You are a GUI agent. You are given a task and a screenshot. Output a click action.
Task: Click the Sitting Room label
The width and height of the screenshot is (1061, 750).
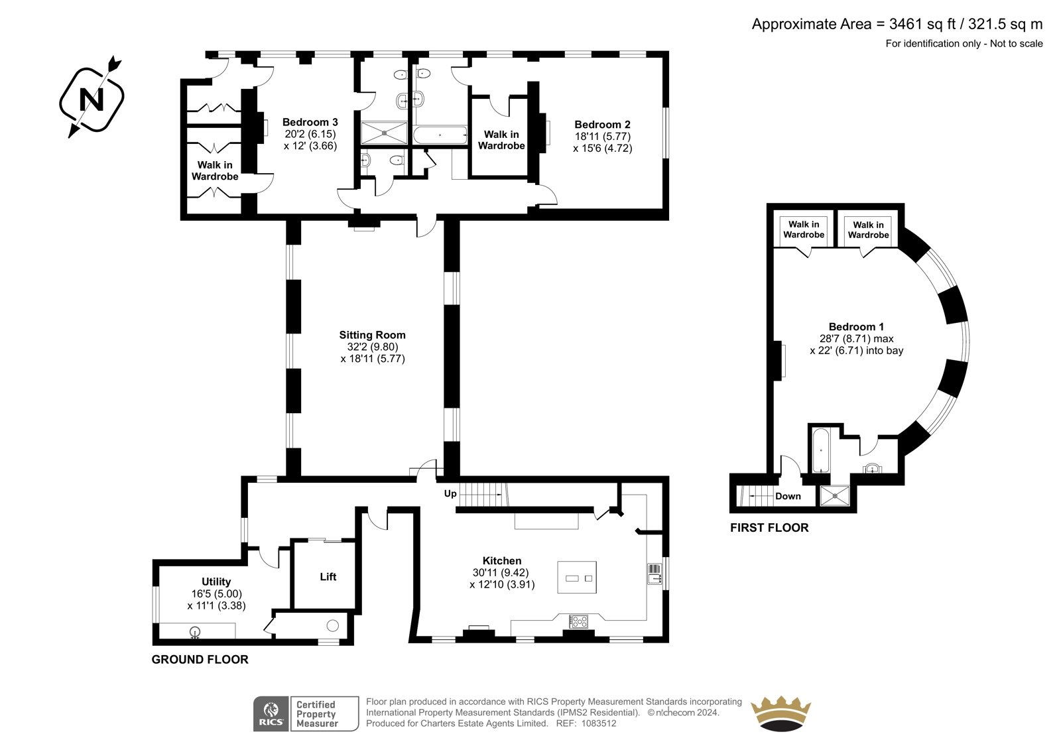[x=372, y=335]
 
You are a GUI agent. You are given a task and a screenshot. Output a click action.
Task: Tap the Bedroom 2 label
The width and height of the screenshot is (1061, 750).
[x=603, y=125]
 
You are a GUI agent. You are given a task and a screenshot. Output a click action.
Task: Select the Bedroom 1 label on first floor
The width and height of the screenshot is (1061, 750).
[x=856, y=327]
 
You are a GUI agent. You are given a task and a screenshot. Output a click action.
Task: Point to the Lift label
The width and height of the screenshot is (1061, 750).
[x=328, y=577]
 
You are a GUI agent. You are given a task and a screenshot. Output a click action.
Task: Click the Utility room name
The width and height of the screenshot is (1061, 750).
[x=216, y=582]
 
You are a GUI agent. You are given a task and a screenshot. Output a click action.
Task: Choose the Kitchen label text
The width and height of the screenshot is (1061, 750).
[x=502, y=560]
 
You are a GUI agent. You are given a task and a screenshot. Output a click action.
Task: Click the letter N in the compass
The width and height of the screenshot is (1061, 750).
[x=92, y=99]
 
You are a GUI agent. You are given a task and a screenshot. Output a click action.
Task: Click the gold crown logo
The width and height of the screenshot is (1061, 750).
[x=780, y=713]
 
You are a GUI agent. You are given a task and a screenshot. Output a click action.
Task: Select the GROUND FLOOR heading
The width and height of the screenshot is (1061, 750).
[x=200, y=660]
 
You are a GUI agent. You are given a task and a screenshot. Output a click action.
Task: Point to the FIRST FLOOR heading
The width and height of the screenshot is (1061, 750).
[x=769, y=528]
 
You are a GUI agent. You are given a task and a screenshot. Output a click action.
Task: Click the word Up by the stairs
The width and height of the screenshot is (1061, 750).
[x=450, y=493]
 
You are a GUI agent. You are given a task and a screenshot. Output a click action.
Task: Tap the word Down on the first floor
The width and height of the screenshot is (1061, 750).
[x=788, y=497]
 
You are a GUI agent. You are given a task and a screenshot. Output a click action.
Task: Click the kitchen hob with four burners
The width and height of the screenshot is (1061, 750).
[x=578, y=621]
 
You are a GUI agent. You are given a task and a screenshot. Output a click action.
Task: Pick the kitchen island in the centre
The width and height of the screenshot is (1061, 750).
[x=577, y=577]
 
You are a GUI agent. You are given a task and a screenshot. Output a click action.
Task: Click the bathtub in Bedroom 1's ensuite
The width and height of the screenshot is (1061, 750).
[x=821, y=450]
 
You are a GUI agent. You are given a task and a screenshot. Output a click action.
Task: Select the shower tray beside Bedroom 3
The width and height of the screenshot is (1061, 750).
[x=384, y=133]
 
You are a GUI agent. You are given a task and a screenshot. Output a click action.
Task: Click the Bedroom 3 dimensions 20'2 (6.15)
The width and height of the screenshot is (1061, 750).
[x=310, y=134]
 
